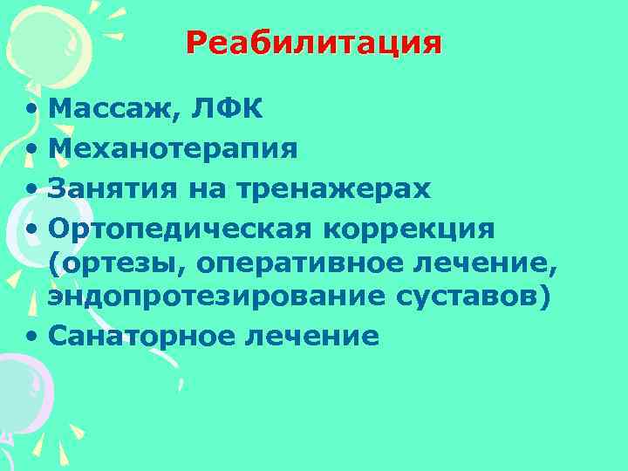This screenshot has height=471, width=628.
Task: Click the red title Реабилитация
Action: [x=313, y=43]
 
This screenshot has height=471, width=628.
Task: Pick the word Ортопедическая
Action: [x=180, y=229]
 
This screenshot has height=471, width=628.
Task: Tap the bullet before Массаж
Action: [x=31, y=110]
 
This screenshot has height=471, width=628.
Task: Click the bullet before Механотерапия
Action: [x=31, y=150]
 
